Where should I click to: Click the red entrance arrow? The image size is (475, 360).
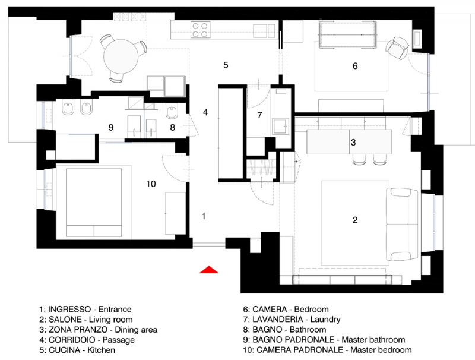click(209, 270)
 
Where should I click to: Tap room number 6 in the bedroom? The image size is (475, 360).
click(355, 66)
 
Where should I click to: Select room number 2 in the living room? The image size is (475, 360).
click(355, 220)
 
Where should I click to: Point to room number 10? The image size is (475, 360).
click(151, 184)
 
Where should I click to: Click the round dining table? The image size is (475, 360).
click(121, 56)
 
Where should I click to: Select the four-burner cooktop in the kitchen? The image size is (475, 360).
click(200, 30)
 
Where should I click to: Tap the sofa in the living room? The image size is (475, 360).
click(403, 224)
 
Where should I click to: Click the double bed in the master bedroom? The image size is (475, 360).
click(94, 203)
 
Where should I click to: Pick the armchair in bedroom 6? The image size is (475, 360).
click(397, 48)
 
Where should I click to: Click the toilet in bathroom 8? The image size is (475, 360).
click(172, 111)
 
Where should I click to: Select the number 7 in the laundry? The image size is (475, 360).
click(259, 115)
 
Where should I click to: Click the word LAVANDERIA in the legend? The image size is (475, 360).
click(277, 320)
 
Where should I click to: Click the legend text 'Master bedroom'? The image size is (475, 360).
click(381, 350)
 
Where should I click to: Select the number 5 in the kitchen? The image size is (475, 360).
click(226, 65)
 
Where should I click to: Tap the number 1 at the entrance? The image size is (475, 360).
click(204, 216)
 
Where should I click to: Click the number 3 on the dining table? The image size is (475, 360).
click(353, 142)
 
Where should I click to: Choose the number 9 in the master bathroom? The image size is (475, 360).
click(111, 127)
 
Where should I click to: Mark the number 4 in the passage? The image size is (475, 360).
click(205, 112)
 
